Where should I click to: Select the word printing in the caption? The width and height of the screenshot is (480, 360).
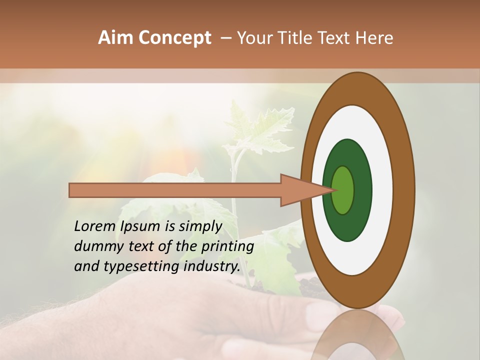point(227,247)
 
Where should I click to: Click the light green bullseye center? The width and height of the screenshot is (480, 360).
point(343,190)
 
